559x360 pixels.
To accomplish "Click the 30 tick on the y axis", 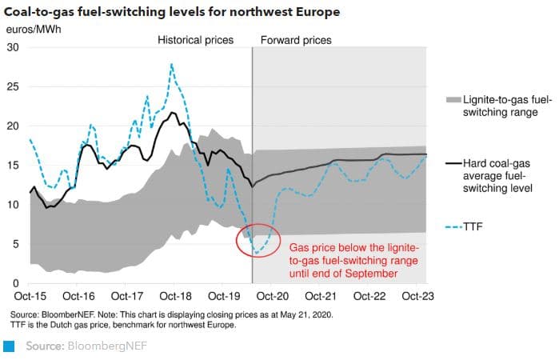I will point(13,47).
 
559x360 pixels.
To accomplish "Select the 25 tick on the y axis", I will point(13,86).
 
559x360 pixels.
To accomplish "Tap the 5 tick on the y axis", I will point(16,244).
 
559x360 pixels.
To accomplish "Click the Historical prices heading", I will point(195,39).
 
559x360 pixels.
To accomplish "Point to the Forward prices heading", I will point(297,39).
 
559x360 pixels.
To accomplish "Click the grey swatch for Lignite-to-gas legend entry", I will point(452,100).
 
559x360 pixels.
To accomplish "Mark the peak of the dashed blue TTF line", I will point(171,64).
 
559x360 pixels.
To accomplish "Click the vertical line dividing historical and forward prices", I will point(252,160).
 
